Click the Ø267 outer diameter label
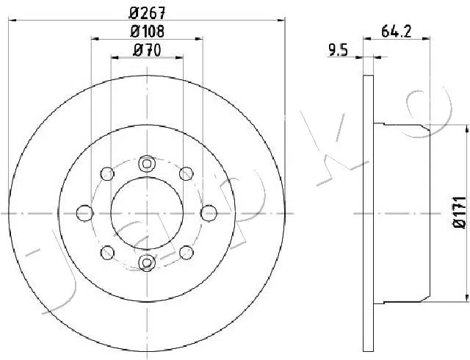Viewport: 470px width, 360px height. pos(147,13)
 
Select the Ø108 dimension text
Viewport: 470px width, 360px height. pos(147,31)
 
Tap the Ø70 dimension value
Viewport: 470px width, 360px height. pos(147,50)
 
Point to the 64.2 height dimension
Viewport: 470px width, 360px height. pos(397,31)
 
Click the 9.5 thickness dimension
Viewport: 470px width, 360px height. pos(338,50)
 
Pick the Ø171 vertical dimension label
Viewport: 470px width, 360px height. pos(459,212)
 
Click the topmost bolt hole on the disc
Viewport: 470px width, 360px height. pos(147,164)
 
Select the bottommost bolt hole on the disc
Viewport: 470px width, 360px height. pos(147,263)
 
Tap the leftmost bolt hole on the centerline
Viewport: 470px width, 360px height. pos(85,213)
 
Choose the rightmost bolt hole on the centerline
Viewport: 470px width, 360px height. pos(209,213)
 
